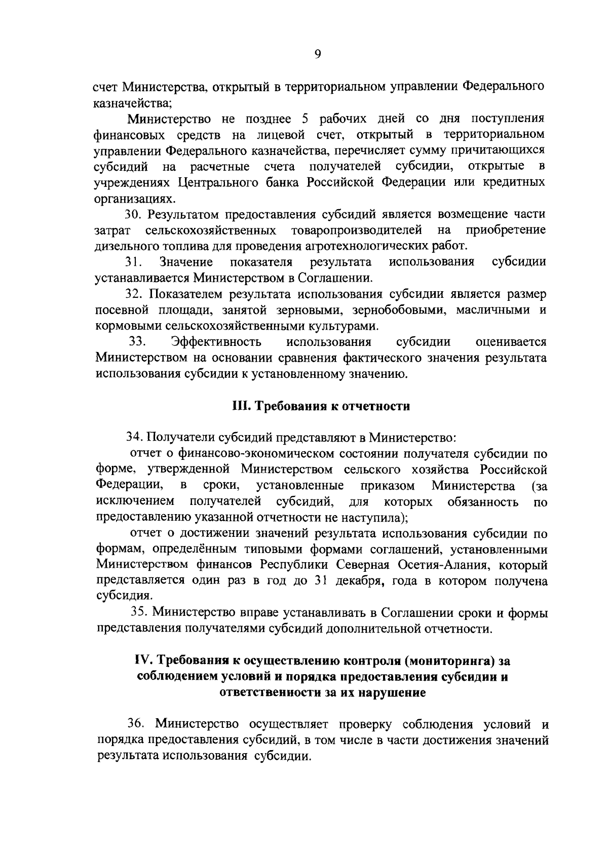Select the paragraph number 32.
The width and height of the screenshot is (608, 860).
(x=134, y=294)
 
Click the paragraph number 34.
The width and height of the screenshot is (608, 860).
(x=134, y=436)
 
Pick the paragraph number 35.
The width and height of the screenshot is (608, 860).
(x=139, y=612)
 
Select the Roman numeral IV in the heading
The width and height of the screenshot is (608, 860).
(x=143, y=660)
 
